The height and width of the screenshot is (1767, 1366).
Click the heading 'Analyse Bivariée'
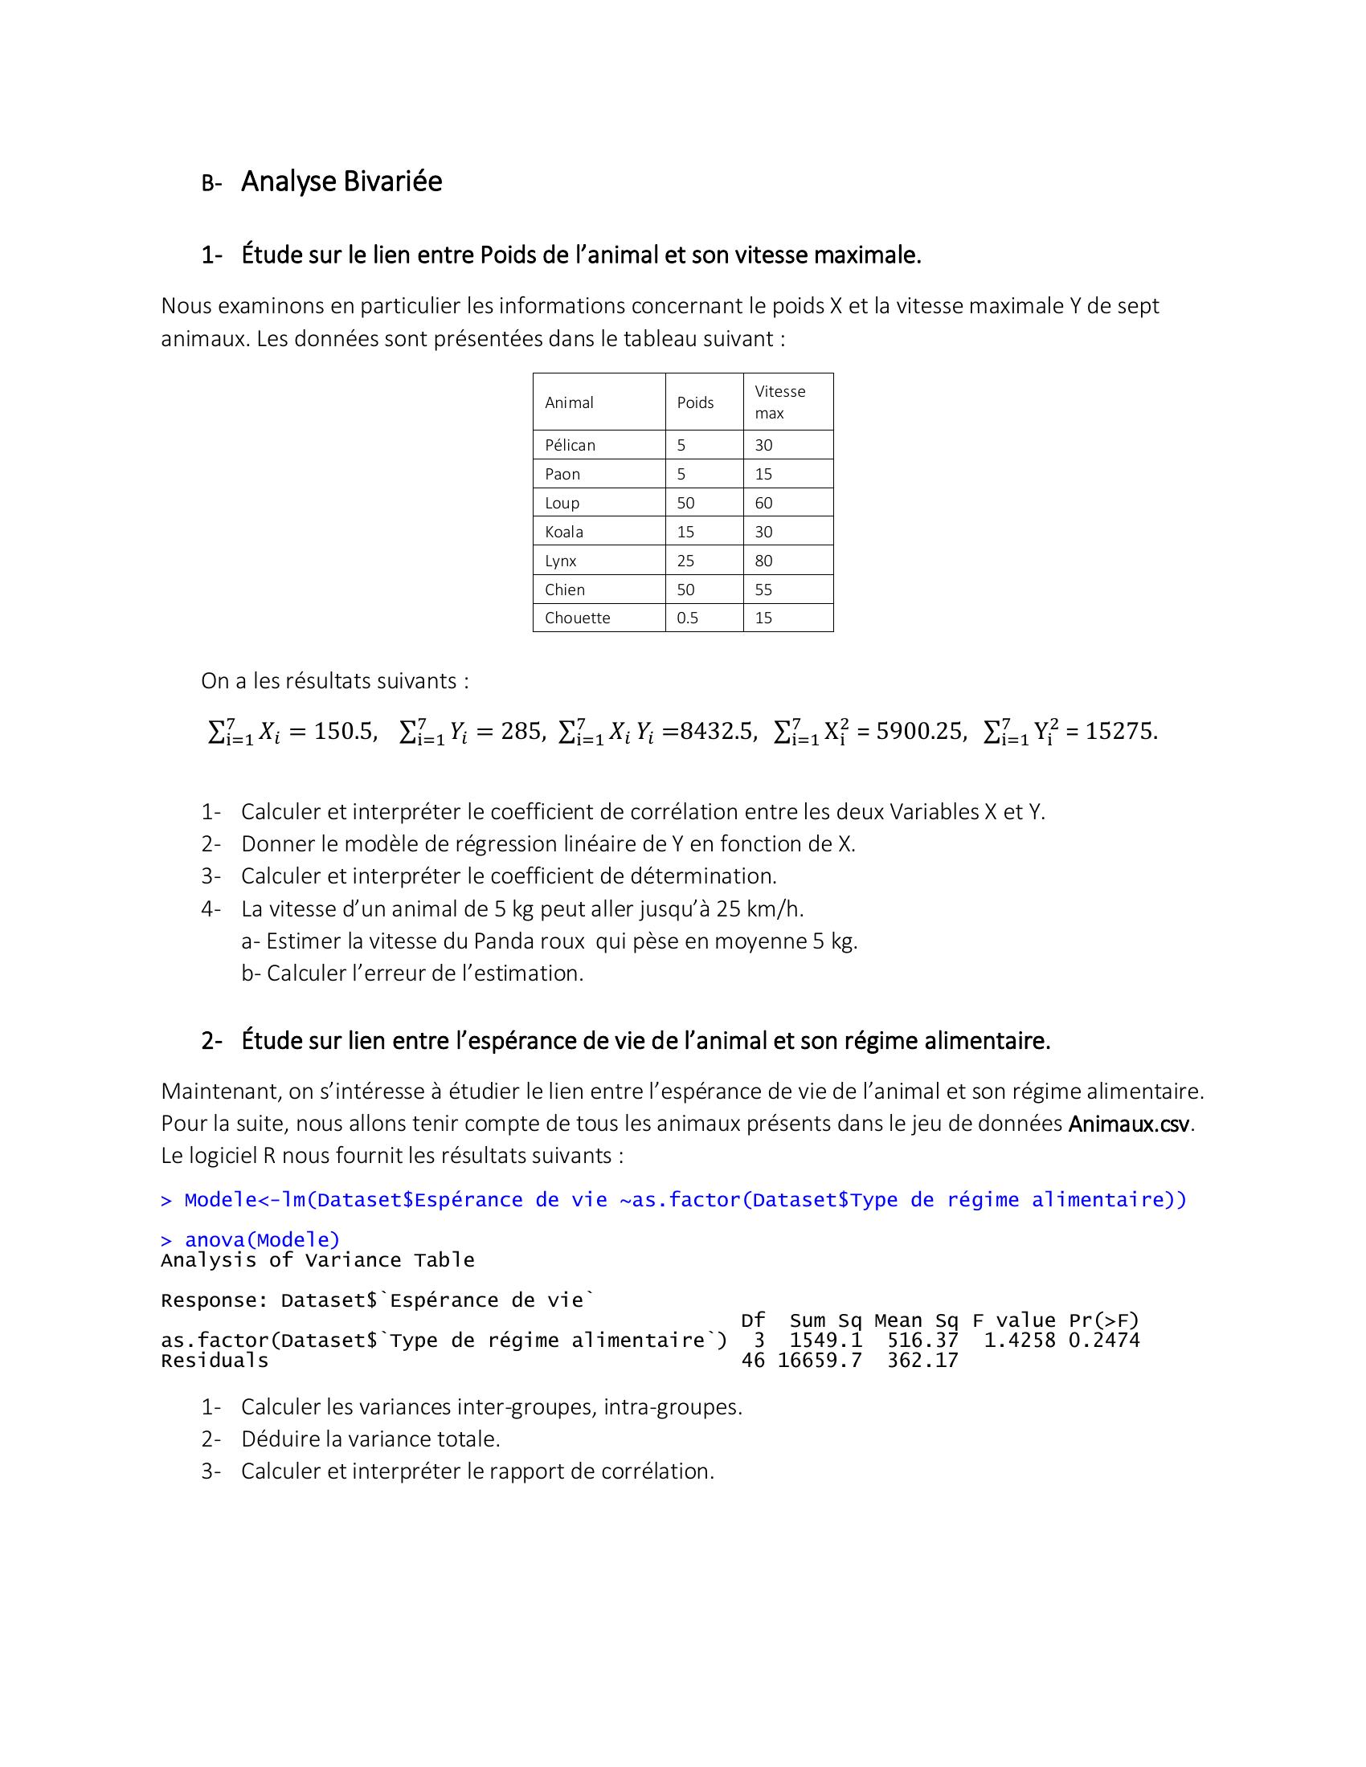(x=341, y=182)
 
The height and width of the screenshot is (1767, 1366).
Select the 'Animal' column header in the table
(x=569, y=402)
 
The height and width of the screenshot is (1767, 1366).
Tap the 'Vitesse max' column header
(x=779, y=402)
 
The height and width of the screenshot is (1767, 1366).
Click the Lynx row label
(x=560, y=561)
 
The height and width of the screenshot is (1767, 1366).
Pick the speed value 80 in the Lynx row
(x=763, y=561)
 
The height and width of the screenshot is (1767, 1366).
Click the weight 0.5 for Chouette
(x=687, y=618)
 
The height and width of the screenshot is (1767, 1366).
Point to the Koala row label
(x=563, y=532)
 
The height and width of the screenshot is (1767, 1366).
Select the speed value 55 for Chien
(x=763, y=590)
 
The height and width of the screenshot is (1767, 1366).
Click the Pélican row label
(x=570, y=445)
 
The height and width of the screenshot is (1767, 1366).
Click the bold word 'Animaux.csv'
(x=1129, y=1124)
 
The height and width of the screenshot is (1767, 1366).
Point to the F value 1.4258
(x=1019, y=1341)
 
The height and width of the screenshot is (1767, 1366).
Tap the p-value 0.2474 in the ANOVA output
(x=1104, y=1341)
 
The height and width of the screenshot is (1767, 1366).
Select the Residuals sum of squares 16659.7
(x=819, y=1361)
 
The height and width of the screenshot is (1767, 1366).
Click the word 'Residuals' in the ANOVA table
(x=215, y=1361)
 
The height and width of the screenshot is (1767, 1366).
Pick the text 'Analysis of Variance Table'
(x=317, y=1260)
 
